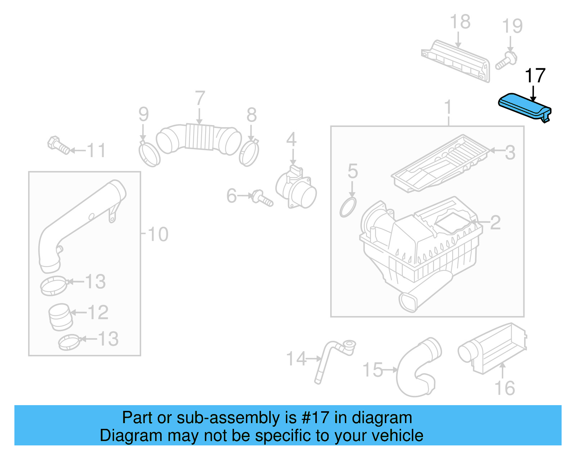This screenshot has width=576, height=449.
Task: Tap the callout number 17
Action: click(x=535, y=76)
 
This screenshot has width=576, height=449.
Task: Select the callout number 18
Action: click(x=460, y=22)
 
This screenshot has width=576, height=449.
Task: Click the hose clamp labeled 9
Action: click(x=149, y=154)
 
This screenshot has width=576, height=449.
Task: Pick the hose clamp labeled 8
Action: click(x=249, y=153)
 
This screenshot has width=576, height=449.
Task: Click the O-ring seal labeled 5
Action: click(x=348, y=207)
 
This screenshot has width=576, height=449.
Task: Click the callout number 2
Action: click(x=495, y=223)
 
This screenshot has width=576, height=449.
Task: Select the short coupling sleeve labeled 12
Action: click(x=60, y=317)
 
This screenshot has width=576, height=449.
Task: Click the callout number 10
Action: click(x=158, y=234)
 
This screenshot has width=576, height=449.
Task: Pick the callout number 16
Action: click(x=504, y=388)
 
